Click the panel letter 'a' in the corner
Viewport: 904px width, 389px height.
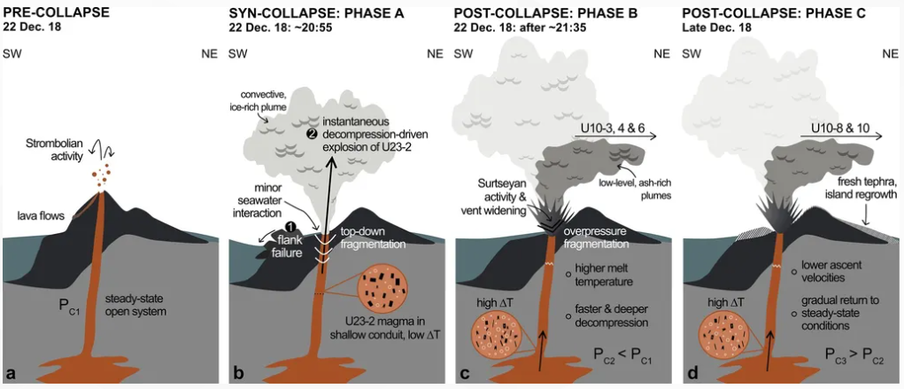point(11,374)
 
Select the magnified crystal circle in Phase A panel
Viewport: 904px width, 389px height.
point(382,286)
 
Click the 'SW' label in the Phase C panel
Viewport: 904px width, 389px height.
point(691,54)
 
